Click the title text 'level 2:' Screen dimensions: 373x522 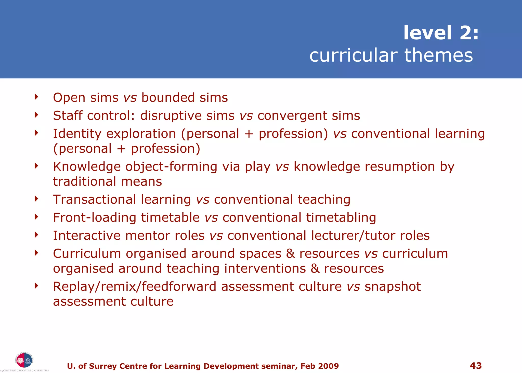click(x=441, y=33)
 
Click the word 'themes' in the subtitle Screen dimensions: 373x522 click(x=438, y=55)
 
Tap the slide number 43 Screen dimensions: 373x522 click(x=476, y=366)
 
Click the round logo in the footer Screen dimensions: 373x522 click(x=24, y=360)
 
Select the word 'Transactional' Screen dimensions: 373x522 click(x=94, y=199)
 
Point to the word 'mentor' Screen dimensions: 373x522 click(x=147, y=235)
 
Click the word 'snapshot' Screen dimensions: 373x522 click(x=393, y=287)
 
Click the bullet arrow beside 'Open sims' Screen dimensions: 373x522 click(x=36, y=97)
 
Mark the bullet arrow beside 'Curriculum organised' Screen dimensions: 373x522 click(x=36, y=253)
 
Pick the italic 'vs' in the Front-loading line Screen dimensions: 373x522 click(x=211, y=218)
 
